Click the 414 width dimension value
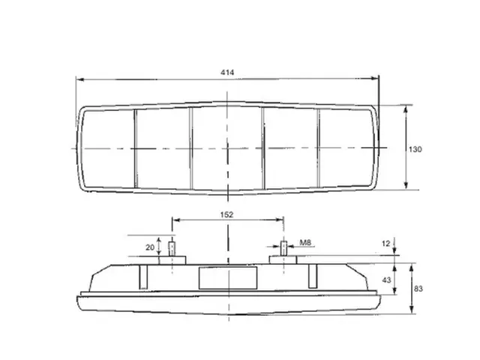coord(227,72)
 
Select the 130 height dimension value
coord(415,149)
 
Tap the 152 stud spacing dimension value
coord(226,215)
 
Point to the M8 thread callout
coord(305,243)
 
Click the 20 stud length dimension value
coord(150,247)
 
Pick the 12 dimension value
coord(386,243)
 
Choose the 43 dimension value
coord(387,280)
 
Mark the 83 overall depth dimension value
coord(418,289)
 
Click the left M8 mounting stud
coord(172,249)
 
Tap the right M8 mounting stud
coord(284,248)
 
